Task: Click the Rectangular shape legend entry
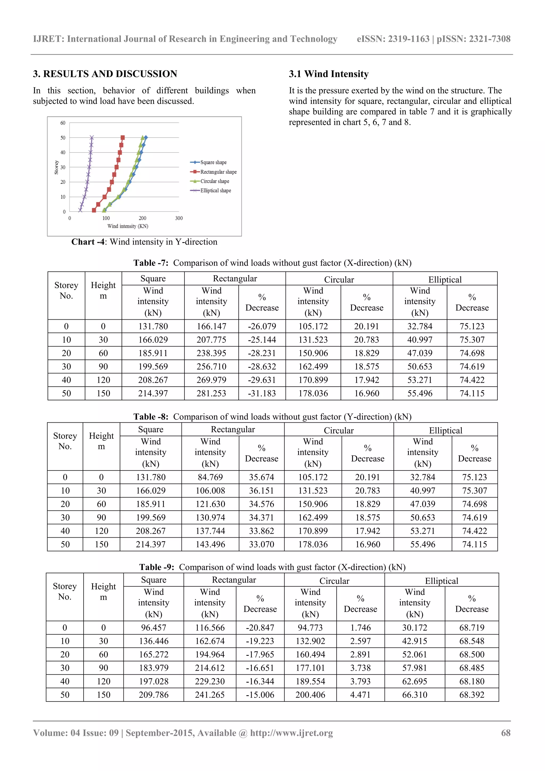218,172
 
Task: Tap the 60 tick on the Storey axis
63,123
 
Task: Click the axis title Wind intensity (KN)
128,226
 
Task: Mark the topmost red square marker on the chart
123,138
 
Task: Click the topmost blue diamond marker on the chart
146,138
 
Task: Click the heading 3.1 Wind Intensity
328,74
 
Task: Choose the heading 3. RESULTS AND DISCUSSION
105,74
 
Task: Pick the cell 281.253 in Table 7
211,393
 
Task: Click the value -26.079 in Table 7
262,326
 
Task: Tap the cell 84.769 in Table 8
210,477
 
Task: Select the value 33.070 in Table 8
261,544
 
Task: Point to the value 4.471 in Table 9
360,695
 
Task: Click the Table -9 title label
156,567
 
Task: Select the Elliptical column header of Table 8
445,431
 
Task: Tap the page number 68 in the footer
505,733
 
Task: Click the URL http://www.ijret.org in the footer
291,733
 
